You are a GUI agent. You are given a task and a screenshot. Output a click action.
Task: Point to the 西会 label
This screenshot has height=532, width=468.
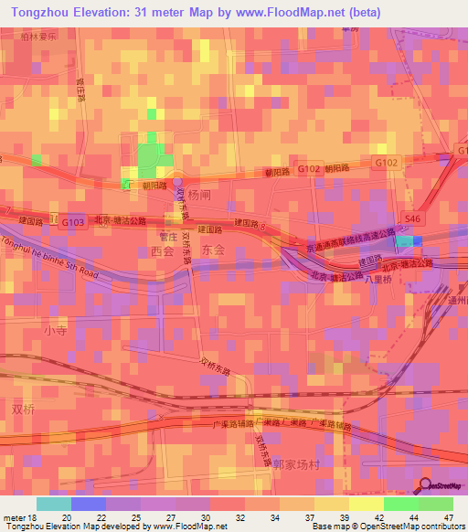[161, 249]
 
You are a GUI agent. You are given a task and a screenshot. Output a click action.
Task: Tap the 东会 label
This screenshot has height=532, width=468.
[212, 249]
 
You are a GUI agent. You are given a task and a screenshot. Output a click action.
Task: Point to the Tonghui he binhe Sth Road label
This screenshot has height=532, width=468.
[50, 258]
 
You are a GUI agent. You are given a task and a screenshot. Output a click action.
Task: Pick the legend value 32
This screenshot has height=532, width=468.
[245, 518]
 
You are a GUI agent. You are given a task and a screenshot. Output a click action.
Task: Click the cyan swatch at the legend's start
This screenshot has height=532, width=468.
[53, 504]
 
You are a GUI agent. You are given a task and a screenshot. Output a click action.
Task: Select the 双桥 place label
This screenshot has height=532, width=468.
[22, 409]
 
